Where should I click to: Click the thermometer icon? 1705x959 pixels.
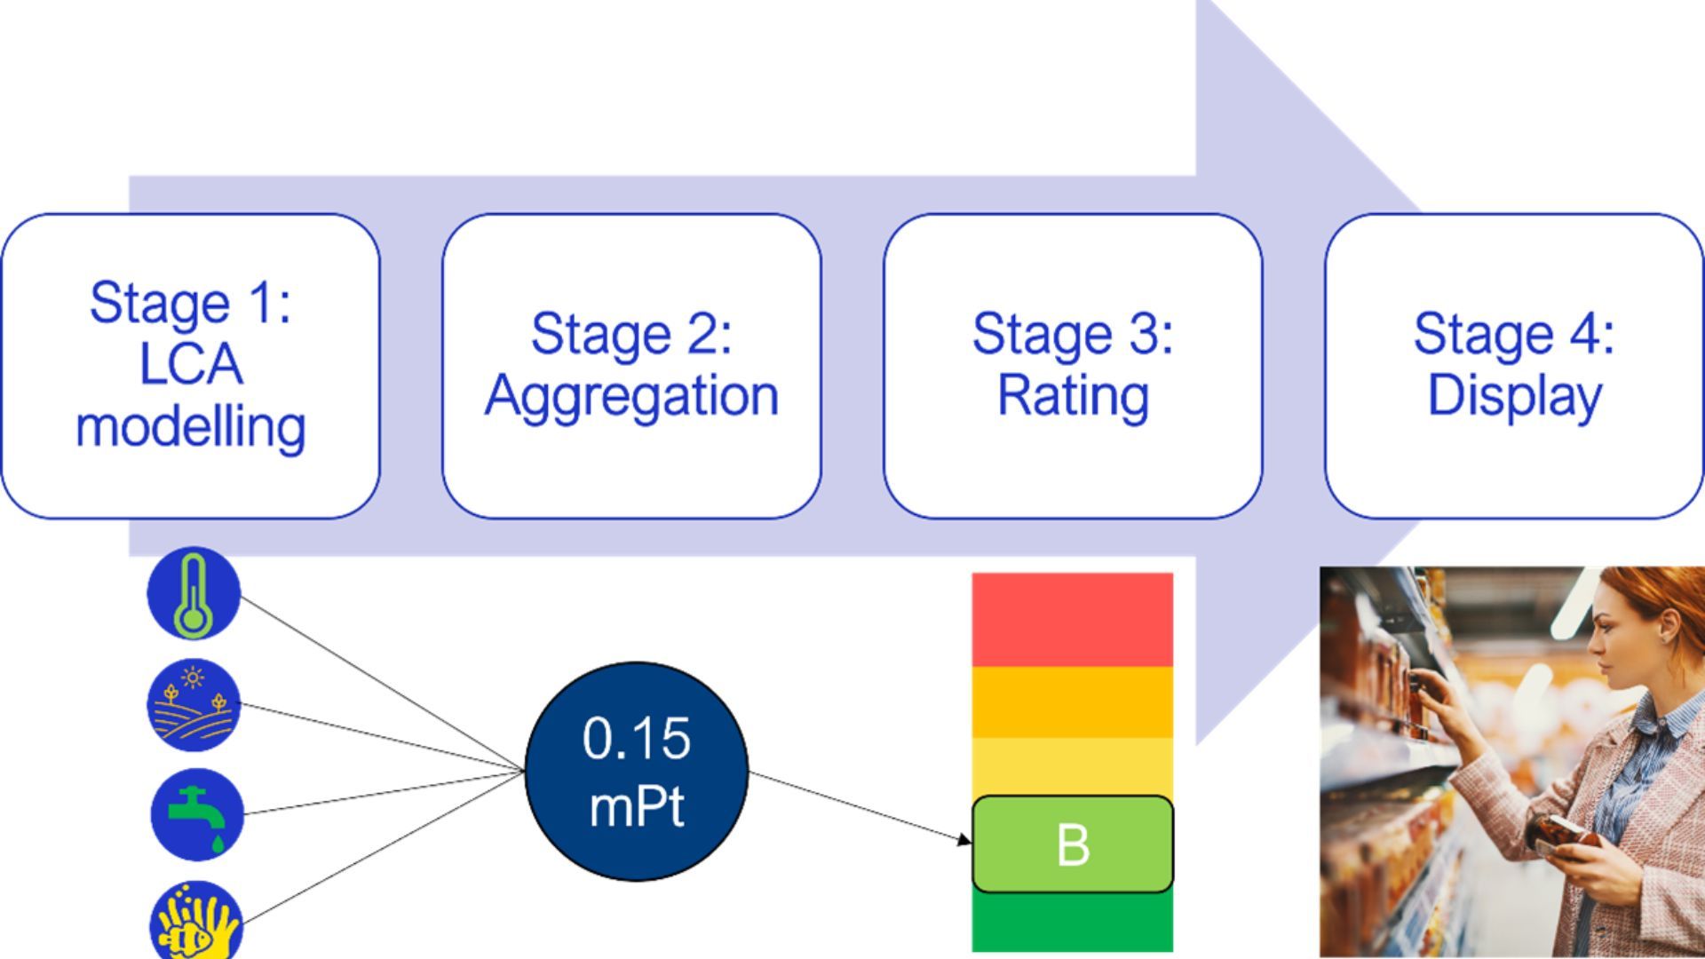pyautogui.click(x=194, y=593)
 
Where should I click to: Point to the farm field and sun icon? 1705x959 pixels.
pyautogui.click(x=194, y=705)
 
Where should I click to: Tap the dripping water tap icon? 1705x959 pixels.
pyautogui.click(x=196, y=814)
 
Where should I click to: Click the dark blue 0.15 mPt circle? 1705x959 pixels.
pyautogui.click(x=637, y=772)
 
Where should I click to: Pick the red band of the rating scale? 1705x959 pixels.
pyautogui.click(x=1072, y=619)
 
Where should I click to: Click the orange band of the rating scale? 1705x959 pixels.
pyautogui.click(x=1072, y=701)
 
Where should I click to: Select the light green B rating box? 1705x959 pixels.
pyautogui.click(x=1072, y=844)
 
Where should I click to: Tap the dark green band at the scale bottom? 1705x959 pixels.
pyautogui.click(x=1072, y=923)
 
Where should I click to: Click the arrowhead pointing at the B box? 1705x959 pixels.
pyautogui.click(x=964, y=839)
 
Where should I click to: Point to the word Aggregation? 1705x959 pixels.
pyautogui.click(x=631, y=396)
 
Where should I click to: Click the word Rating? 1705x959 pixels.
pyautogui.click(x=1072, y=396)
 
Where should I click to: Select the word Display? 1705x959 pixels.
pyautogui.click(x=1513, y=396)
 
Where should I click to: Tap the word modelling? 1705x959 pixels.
pyautogui.click(x=190, y=427)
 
